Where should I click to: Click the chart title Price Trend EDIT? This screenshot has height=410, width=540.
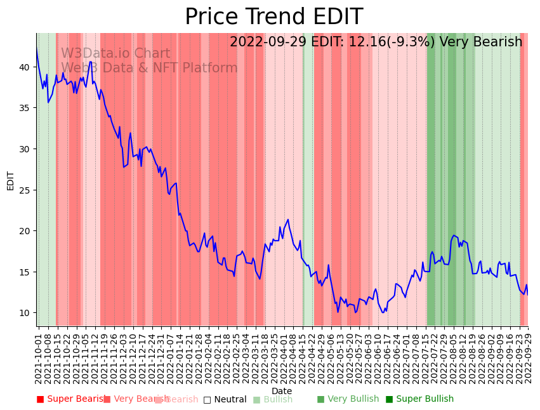[273, 17]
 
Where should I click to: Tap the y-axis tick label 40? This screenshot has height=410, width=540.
[24, 67]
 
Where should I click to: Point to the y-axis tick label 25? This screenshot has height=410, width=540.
[24, 190]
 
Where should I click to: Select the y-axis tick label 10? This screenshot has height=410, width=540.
[24, 313]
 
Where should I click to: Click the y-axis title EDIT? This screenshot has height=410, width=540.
[10, 180]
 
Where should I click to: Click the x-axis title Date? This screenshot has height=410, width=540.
[282, 391]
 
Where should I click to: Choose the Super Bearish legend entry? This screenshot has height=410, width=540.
[70, 399]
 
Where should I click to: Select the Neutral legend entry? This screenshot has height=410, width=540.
[225, 400]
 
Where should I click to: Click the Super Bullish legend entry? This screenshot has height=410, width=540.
[419, 399]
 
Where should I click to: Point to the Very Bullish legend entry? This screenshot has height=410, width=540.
[348, 399]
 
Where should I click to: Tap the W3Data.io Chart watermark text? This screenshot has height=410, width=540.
[115, 54]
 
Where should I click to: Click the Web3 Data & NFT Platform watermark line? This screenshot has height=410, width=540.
[149, 68]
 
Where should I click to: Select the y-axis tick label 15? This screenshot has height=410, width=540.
[24, 272]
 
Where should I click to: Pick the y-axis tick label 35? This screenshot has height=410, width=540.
[24, 108]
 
